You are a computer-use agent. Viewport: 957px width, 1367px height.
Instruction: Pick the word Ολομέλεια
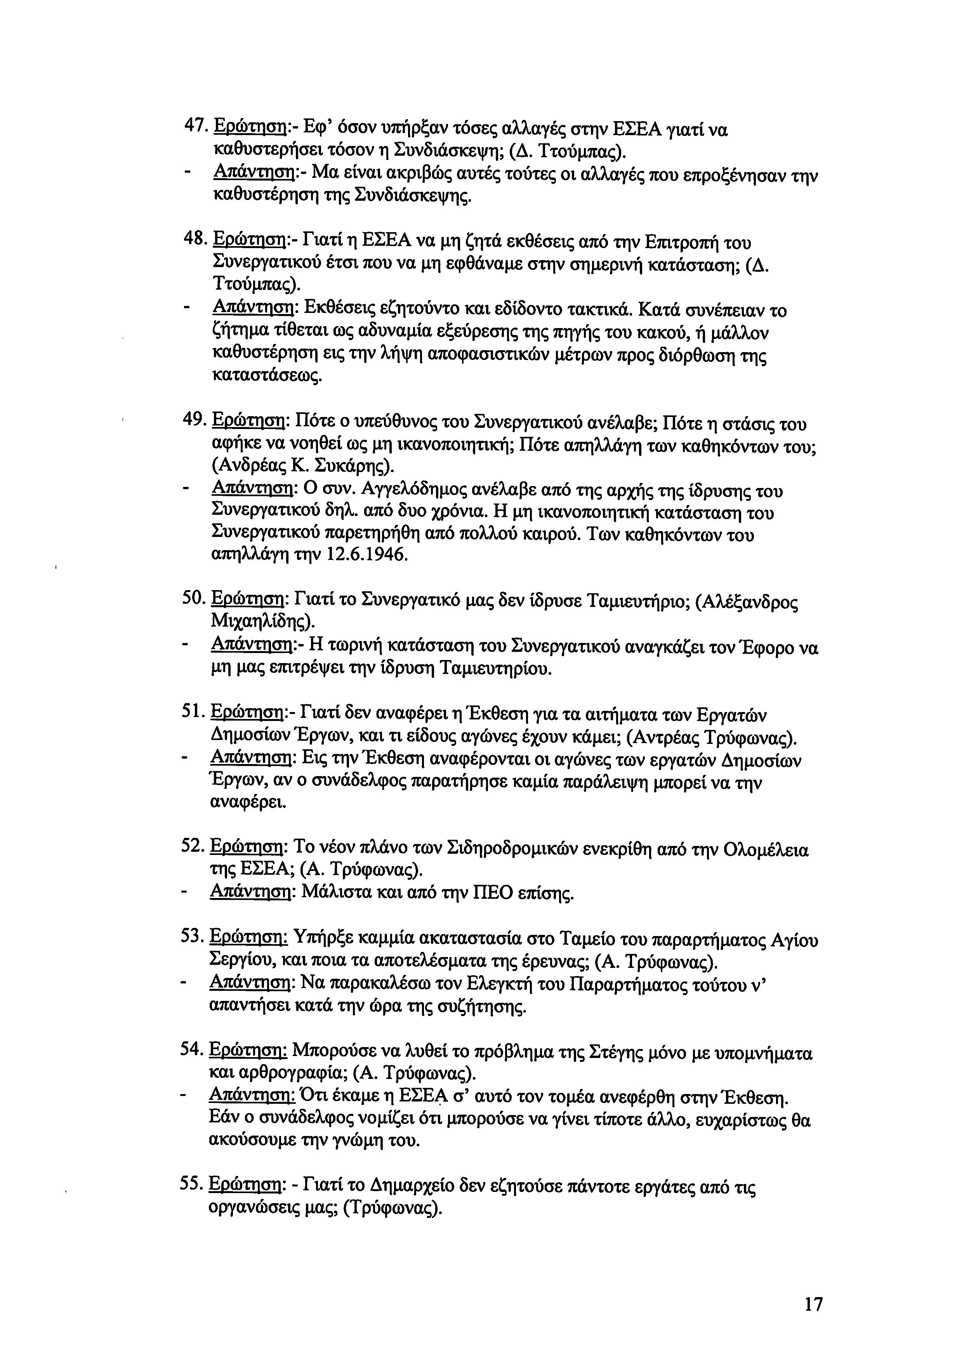click(765, 849)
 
